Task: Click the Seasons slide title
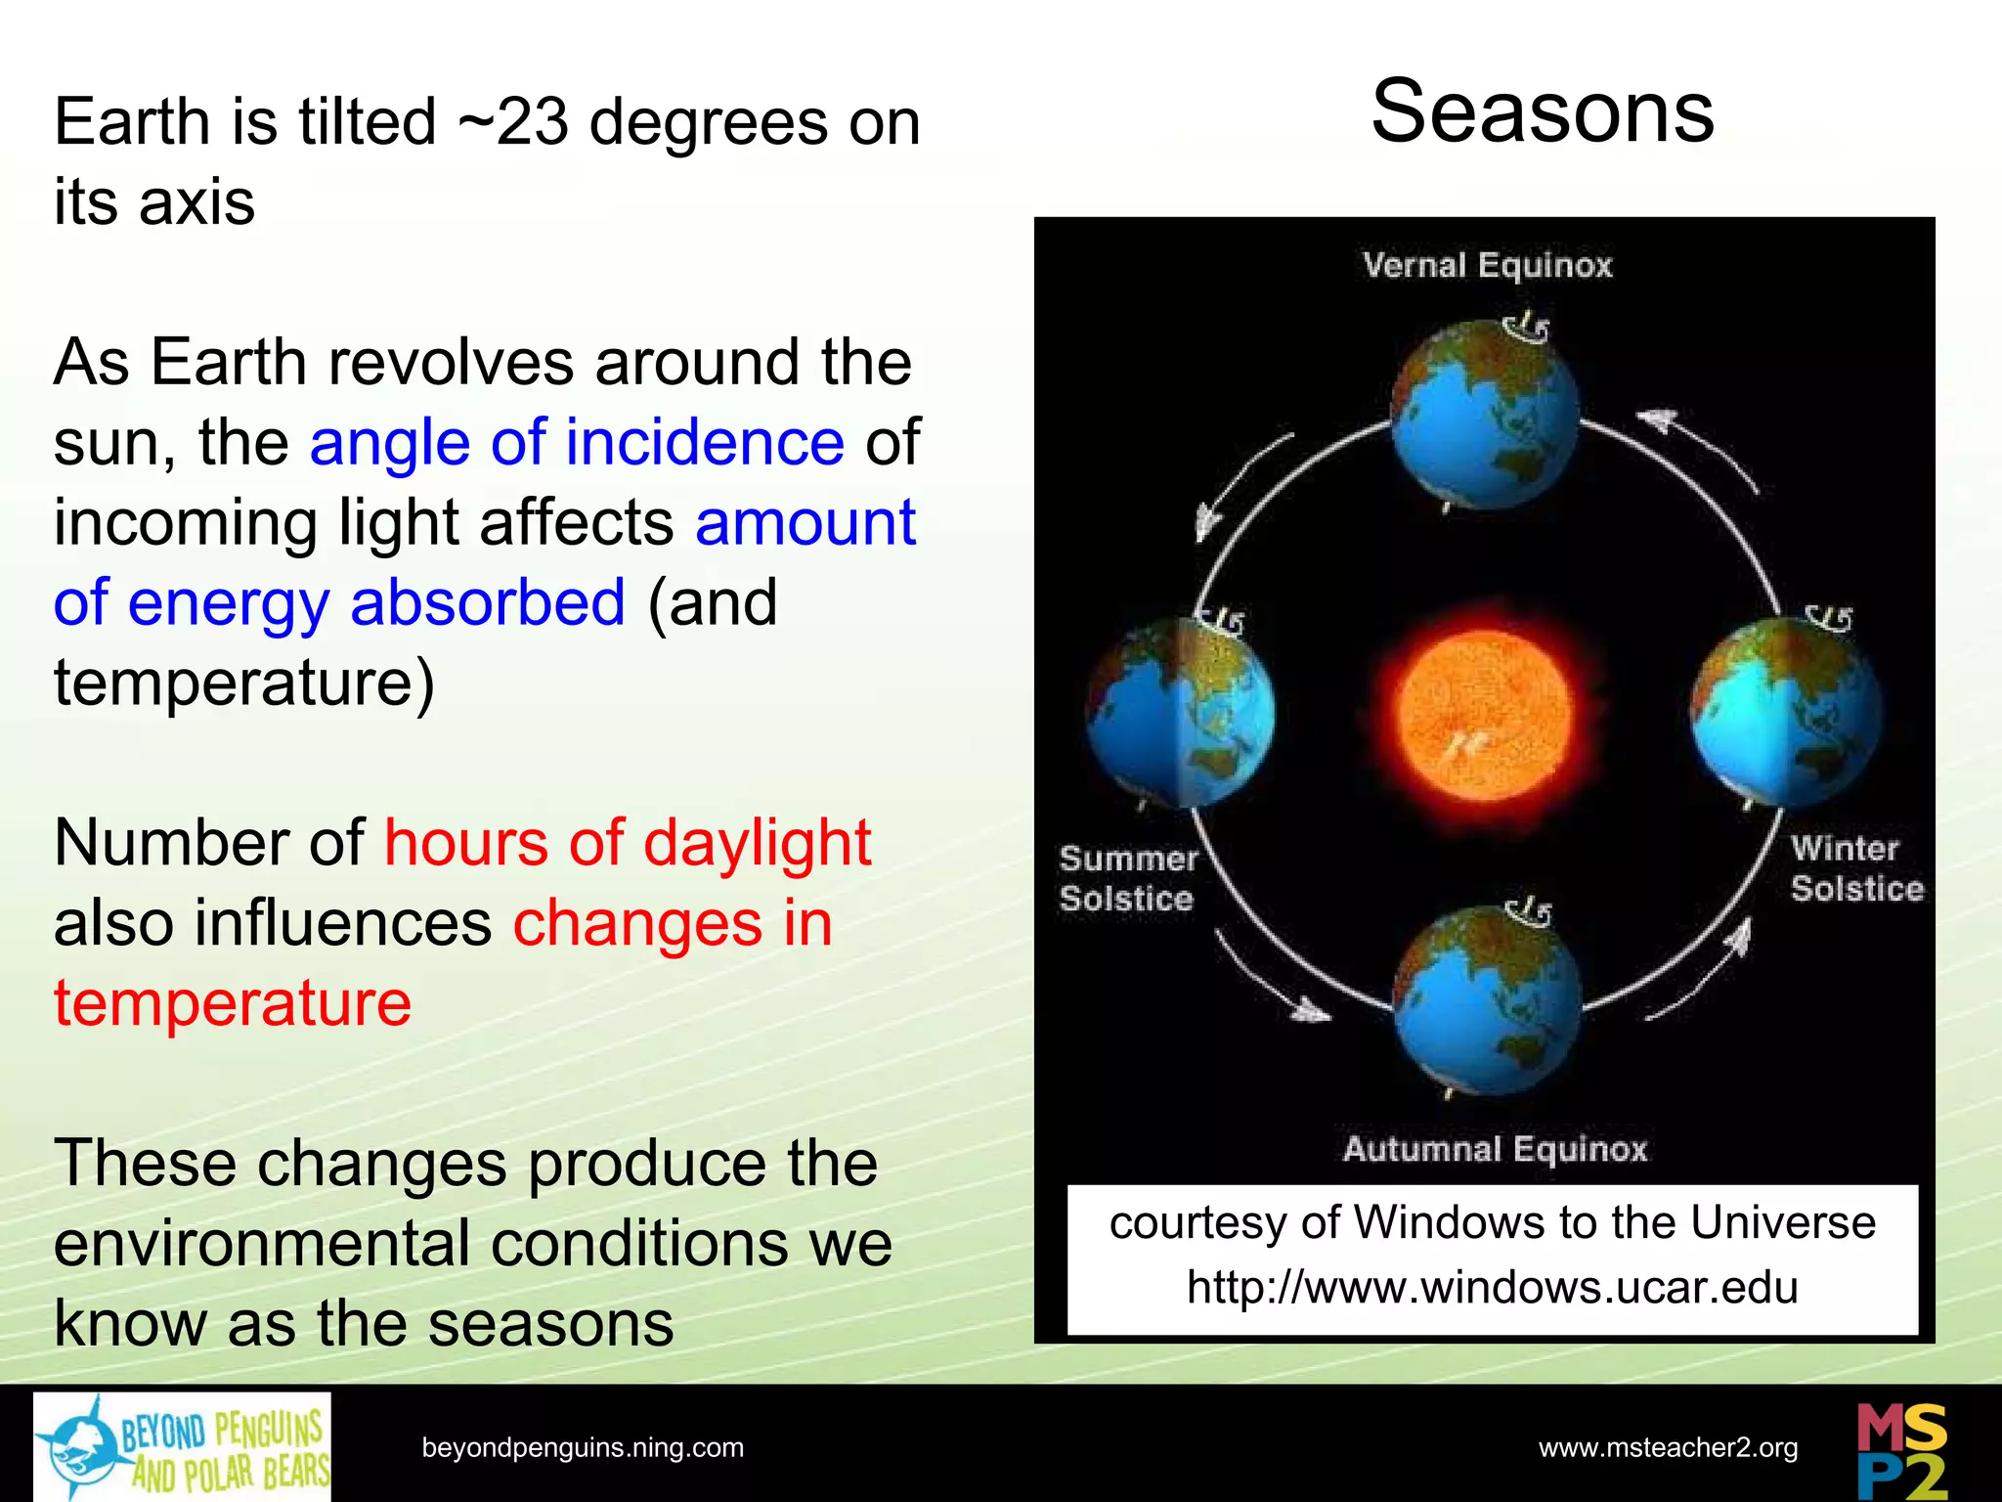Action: pos(1542,112)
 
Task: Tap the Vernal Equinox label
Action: pos(1487,265)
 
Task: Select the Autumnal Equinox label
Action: pos(1495,1148)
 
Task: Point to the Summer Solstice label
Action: pos(1127,878)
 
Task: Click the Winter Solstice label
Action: pos(1855,868)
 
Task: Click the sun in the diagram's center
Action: pos(1485,715)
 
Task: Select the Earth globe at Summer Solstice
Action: pos(1181,711)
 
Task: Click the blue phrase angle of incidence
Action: pos(577,442)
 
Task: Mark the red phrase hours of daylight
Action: pos(627,842)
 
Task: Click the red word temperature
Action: pos(233,1003)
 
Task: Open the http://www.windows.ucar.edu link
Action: pos(1492,1287)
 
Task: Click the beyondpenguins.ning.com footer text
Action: pos(583,1447)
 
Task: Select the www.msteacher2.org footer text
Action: pos(1668,1447)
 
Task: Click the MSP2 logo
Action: pos(1901,1450)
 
